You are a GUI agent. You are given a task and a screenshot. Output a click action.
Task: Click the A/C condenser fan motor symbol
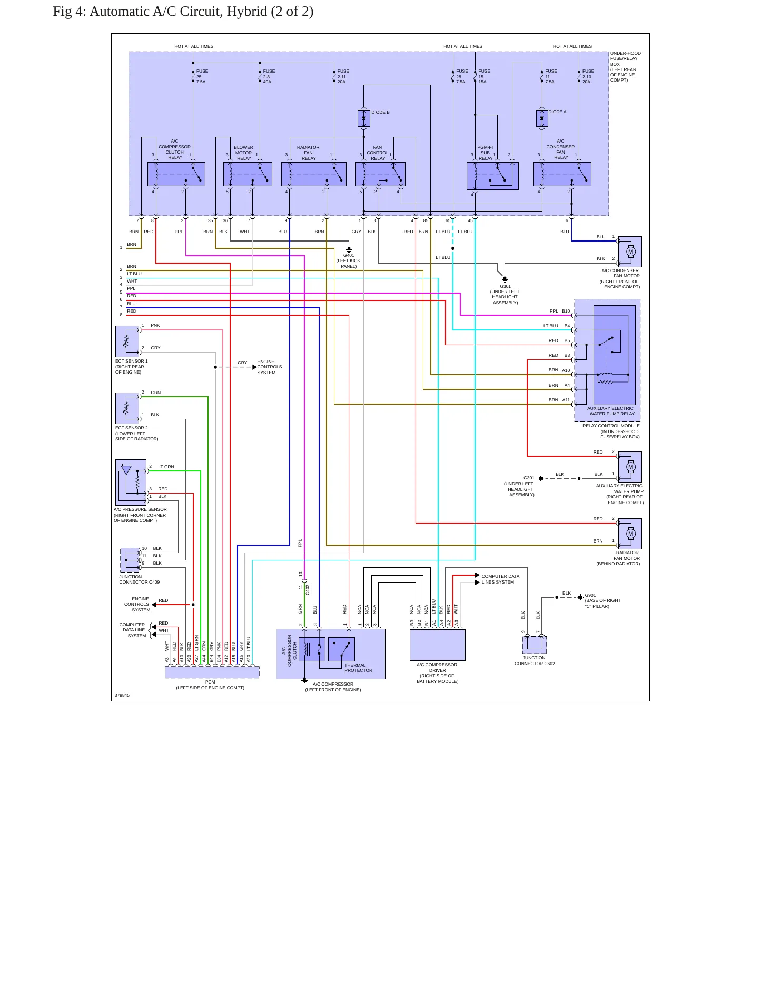630,252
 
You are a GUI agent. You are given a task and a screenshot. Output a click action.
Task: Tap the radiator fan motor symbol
630,534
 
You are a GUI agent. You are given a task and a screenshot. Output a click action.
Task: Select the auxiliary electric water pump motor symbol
630,467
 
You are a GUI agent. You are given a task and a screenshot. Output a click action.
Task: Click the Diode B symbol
363,118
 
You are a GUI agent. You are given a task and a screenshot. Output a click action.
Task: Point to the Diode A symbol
542,118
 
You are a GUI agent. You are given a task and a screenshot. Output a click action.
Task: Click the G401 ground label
349,255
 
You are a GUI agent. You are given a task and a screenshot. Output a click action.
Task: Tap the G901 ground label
590,595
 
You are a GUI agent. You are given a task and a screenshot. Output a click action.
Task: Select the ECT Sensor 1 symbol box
127,342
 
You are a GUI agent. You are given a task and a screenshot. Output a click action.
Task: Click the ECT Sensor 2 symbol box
127,408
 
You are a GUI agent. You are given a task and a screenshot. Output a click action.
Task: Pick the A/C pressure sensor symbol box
131,483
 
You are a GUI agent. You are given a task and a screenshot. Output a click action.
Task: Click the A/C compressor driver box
438,645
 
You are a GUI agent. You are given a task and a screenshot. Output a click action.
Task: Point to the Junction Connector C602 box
535,645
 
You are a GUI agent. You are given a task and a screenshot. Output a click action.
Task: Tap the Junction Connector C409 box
130,560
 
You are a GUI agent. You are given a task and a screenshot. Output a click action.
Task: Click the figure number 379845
122,695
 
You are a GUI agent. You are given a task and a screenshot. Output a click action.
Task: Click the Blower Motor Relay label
244,153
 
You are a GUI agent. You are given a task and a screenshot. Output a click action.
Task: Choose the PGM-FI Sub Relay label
485,153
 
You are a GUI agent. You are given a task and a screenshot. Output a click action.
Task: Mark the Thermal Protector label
358,668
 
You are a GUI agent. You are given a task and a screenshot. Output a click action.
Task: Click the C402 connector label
308,589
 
